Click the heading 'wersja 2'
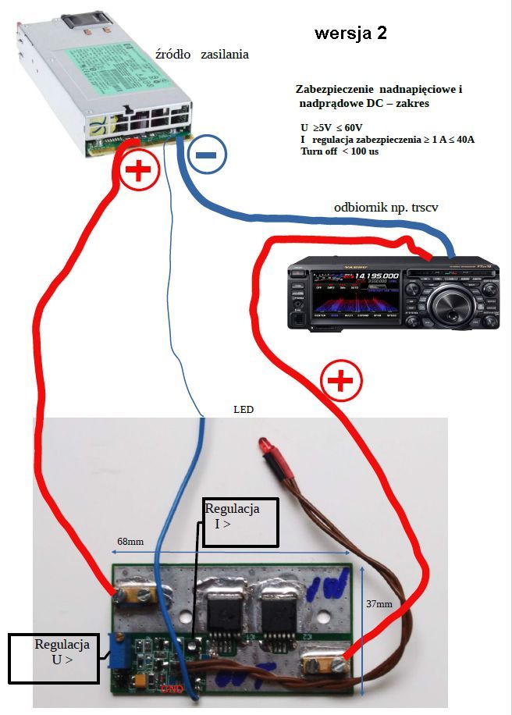pos(350,34)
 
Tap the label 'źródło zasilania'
pos(202,55)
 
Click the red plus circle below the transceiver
pos(341,382)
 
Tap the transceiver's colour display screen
pos(356,295)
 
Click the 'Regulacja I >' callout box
pos(240,522)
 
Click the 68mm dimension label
pos(130,542)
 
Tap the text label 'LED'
pos(244,410)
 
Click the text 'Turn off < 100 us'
pos(340,151)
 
